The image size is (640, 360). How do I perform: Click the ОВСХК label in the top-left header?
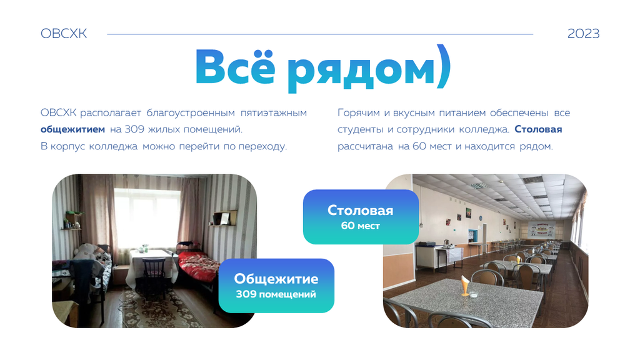pyautogui.click(x=64, y=34)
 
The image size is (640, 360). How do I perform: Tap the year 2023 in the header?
pyautogui.click(x=583, y=34)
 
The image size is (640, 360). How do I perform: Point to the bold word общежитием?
pyautogui.click(x=72, y=129)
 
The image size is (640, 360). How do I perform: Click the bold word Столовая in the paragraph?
pyautogui.click(x=538, y=129)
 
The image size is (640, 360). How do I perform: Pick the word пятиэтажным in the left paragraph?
pyautogui.click(x=274, y=112)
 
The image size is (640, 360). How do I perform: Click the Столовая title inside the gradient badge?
pyautogui.click(x=361, y=210)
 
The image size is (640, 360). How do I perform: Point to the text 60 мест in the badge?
pyautogui.click(x=361, y=226)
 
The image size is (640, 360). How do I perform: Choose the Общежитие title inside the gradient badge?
pyautogui.click(x=276, y=279)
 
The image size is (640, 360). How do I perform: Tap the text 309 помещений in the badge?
pyautogui.click(x=276, y=294)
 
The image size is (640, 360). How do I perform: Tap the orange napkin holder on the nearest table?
pyautogui.click(x=466, y=285)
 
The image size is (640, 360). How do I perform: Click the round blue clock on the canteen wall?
pyautogui.click(x=481, y=218)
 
